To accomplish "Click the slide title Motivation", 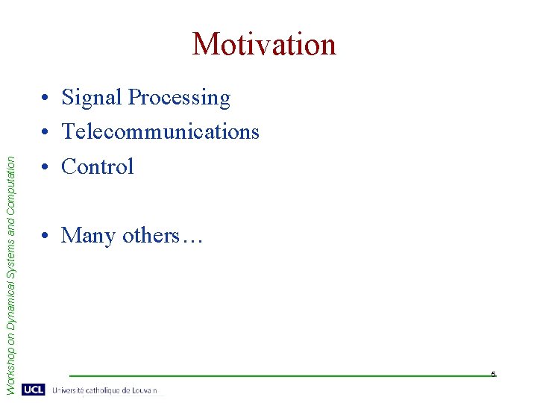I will click(264, 44).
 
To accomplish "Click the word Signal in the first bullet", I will click(92, 98).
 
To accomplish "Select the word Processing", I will click(179, 98).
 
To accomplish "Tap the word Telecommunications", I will click(160, 132).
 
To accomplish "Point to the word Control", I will click(98, 166).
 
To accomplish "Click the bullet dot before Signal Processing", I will click(46, 99).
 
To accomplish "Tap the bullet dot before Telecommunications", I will click(46, 133).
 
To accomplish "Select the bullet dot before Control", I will click(46, 167).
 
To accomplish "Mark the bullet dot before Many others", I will click(46, 237).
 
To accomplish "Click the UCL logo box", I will click(34, 390).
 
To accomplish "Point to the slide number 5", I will click(493, 373).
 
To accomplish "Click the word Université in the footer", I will click(70, 390).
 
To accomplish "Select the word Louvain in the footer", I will click(147, 390).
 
